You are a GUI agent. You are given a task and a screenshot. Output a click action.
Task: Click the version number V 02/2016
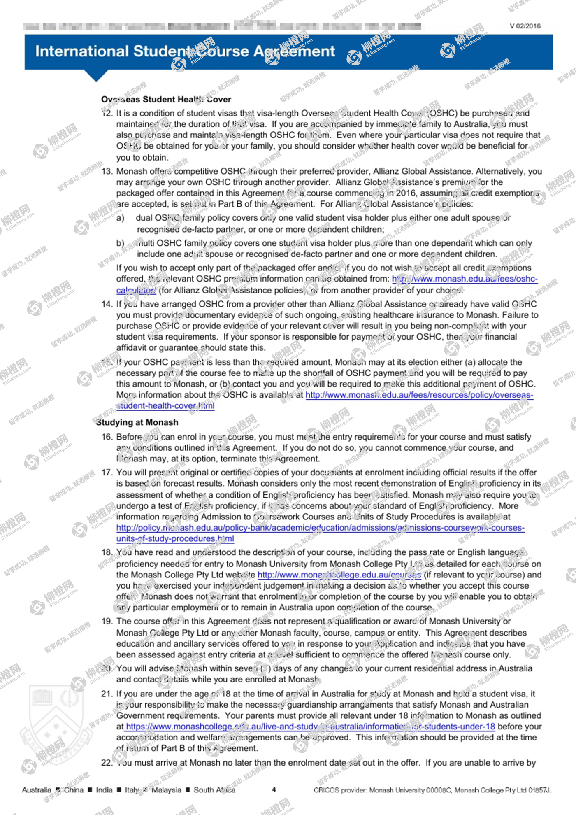pyautogui.click(x=525, y=26)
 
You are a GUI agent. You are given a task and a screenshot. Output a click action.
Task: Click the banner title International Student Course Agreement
pyautogui.click(x=185, y=51)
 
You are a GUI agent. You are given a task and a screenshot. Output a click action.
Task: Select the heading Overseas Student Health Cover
pyautogui.click(x=166, y=99)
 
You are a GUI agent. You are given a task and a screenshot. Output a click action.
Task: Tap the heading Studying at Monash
pyautogui.click(x=137, y=422)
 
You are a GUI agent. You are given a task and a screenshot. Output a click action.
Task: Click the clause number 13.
pyautogui.click(x=107, y=171)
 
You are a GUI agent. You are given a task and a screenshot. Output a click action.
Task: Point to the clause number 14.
pyautogui.click(x=107, y=304)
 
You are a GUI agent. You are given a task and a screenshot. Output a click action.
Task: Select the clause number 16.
pyautogui.click(x=107, y=437)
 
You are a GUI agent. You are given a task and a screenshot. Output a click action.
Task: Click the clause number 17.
pyautogui.click(x=107, y=473)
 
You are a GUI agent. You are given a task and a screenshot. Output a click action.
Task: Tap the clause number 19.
pyautogui.click(x=107, y=621)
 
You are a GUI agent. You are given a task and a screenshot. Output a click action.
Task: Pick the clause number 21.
pyautogui.click(x=107, y=694)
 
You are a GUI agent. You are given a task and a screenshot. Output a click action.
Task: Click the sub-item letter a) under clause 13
pyautogui.click(x=120, y=218)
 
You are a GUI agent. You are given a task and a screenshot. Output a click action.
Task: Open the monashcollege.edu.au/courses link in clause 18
pyautogui.click(x=339, y=575)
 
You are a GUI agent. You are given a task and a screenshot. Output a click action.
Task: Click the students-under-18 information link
pyautogui.click(x=310, y=727)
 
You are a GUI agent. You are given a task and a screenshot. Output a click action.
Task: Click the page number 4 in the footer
pyautogui.click(x=274, y=789)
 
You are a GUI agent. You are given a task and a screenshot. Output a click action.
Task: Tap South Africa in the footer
pyautogui.click(x=214, y=790)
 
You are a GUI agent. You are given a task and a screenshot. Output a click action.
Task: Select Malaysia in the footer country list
pyautogui.click(x=166, y=790)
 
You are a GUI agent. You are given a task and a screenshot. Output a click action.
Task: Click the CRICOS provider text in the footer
pyautogui.click(x=432, y=790)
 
